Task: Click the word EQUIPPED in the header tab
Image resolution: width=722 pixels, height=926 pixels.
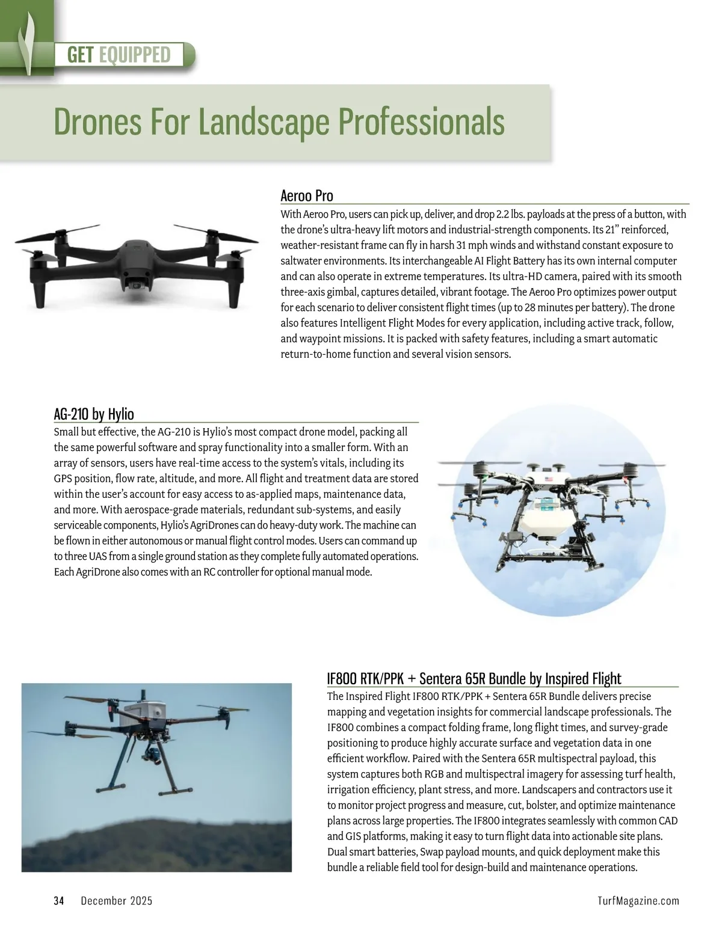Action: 135,55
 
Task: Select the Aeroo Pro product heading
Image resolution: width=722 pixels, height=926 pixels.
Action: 307,195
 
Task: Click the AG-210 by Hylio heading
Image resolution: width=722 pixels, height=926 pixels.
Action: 94,414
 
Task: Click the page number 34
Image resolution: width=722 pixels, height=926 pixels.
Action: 59,900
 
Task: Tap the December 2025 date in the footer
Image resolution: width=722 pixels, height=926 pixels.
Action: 116,900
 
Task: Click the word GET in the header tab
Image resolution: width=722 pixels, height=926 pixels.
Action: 81,55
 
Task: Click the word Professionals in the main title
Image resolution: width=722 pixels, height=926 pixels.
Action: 421,121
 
